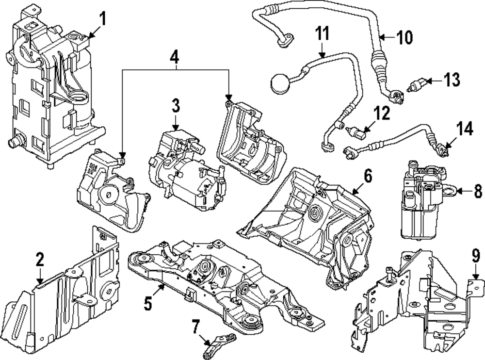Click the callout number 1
tap(102, 20)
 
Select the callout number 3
tap(175, 105)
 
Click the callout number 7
tap(195, 327)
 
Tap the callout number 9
tap(476, 255)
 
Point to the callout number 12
tap(382, 115)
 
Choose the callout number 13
tap(452, 79)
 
